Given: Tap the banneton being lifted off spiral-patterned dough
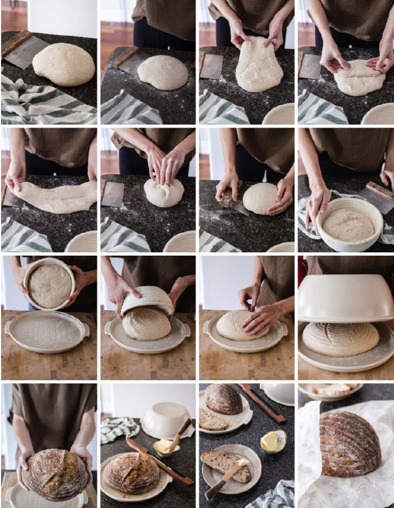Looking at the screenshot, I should (x=147, y=300).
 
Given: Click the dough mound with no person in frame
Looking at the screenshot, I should (x=64, y=65).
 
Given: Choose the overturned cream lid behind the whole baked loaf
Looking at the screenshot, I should (x=165, y=421).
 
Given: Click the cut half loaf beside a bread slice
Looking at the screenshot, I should (x=224, y=400).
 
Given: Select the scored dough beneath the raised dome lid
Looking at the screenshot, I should (x=340, y=339).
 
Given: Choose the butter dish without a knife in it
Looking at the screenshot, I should (x=272, y=441).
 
